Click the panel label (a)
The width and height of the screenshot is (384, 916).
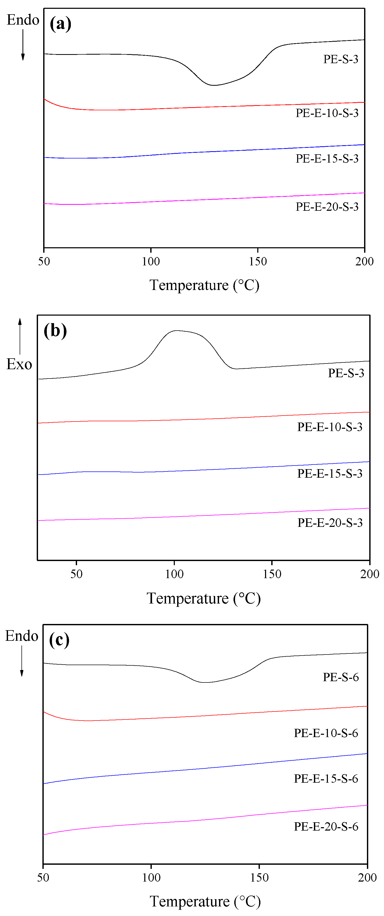pos(61,24)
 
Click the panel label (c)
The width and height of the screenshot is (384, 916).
pos(59,640)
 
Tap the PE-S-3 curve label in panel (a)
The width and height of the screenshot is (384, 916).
pos(340,59)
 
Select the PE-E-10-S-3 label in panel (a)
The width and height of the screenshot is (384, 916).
pos(327,113)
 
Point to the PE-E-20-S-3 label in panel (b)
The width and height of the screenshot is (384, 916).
pos(330,523)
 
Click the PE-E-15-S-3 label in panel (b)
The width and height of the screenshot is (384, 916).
pos(330,474)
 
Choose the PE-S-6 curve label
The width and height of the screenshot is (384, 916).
pos(340,677)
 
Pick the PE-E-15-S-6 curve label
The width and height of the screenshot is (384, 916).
pos(326,779)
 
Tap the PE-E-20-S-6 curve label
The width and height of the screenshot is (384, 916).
pos(326,826)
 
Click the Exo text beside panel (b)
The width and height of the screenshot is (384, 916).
pos(19,365)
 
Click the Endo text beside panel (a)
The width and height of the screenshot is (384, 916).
pos(23,20)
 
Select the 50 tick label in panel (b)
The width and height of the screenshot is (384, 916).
pos(76,574)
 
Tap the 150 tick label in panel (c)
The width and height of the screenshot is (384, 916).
pos(259,878)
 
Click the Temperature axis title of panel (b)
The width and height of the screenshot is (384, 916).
pos(204,599)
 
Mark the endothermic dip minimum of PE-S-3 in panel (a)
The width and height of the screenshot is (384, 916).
pos(213,85)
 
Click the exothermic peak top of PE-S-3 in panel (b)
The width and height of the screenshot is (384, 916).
pos(177,331)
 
